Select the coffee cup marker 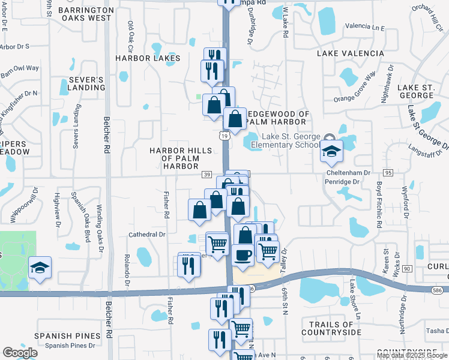pos(243,254)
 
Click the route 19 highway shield pos(223,137)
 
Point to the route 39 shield pos(206,174)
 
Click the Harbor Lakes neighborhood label pos(148,58)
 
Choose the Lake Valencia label pos(351,53)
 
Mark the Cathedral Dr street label pos(146,235)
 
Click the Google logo pos(20,353)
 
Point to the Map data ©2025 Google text pos(412,355)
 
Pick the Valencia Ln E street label pos(364,27)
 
